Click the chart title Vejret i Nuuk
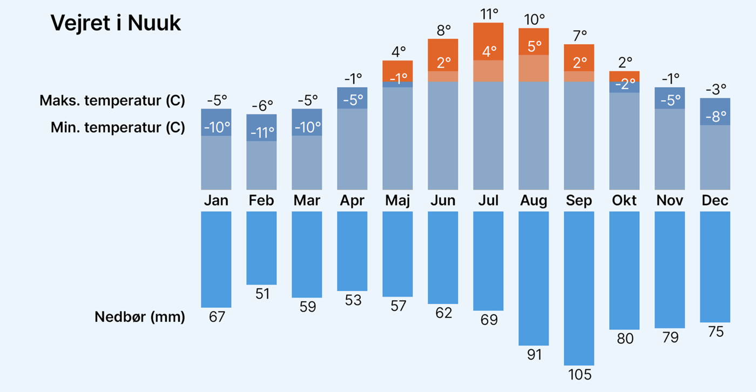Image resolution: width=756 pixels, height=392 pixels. click(116, 24)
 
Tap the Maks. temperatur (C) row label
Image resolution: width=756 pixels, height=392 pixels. click(112, 101)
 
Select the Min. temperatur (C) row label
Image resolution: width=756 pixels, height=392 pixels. click(118, 128)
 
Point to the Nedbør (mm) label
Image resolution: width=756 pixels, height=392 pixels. click(140, 317)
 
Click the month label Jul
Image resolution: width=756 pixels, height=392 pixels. click(488, 201)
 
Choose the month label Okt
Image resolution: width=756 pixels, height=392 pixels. click(624, 201)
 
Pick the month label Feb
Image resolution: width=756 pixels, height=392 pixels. click(261, 201)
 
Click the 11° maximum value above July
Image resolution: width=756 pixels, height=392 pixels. click(489, 14)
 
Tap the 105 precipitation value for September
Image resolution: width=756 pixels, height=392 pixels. click(579, 374)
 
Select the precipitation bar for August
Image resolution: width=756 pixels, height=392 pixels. click(534, 278)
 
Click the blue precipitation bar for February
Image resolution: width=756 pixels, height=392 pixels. click(261, 248)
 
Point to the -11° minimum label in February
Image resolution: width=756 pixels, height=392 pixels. click(262, 133)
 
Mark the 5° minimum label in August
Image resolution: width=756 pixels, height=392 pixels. click(534, 46)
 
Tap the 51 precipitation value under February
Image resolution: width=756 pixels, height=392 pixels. click(262, 294)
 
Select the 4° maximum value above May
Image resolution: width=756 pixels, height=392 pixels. click(398, 52)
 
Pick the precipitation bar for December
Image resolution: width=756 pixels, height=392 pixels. click(715, 267)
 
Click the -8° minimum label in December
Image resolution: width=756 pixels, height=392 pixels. click(715, 117)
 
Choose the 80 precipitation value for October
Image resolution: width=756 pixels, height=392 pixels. click(624, 339)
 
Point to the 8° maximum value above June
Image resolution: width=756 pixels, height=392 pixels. click(443, 30)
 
